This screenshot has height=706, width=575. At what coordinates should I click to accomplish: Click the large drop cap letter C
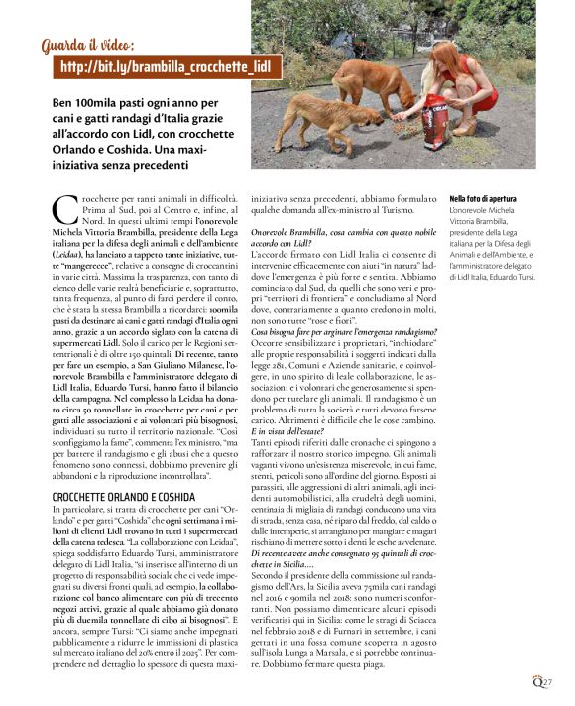61,208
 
